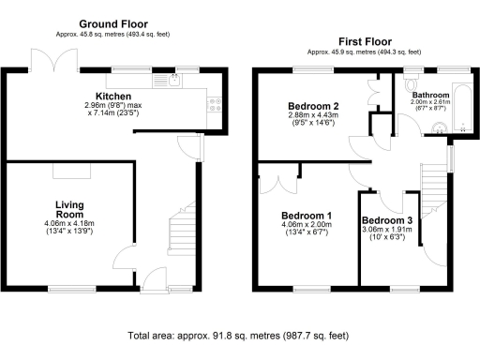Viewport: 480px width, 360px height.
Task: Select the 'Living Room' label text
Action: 70,210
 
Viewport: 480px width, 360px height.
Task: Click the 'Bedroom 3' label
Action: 386,220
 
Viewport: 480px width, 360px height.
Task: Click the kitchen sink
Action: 175,81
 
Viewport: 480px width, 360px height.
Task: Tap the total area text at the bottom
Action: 240,335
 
